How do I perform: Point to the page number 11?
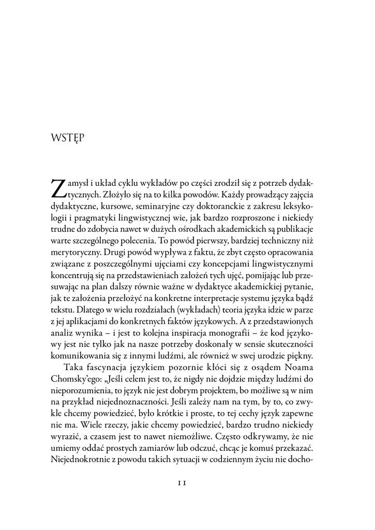(x=182, y=482)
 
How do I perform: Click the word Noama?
(x=301, y=368)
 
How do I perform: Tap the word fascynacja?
(x=107, y=368)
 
